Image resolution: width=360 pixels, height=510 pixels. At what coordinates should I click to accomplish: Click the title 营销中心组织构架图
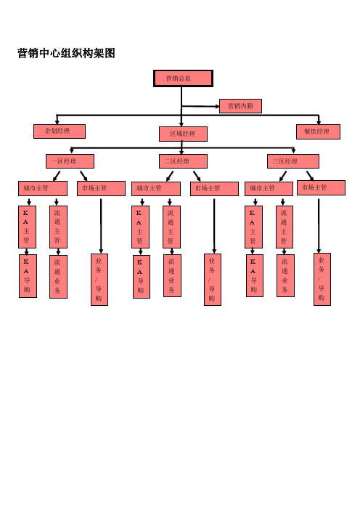pyautogui.click(x=66, y=53)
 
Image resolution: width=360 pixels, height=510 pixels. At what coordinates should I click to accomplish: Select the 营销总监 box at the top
pyautogui.click(x=183, y=78)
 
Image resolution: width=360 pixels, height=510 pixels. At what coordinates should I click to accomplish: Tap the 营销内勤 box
pyautogui.click(x=240, y=106)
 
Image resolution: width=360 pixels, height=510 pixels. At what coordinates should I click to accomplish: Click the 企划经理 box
pyautogui.click(x=60, y=131)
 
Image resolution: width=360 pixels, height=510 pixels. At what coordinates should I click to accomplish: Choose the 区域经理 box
pyautogui.click(x=183, y=134)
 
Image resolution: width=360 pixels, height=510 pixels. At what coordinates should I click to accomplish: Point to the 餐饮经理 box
pyautogui.click(x=318, y=131)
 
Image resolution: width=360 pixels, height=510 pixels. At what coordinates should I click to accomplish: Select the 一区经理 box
pyautogui.click(x=70, y=161)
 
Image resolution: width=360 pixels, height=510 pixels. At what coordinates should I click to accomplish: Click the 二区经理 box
pyautogui.click(x=183, y=161)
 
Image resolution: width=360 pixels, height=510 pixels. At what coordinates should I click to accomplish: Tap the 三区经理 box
pyautogui.click(x=293, y=161)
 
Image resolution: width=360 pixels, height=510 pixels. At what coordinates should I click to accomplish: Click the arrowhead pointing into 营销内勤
pyautogui.click(x=217, y=106)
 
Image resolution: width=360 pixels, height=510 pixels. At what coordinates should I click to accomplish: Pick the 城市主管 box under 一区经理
pyautogui.click(x=43, y=189)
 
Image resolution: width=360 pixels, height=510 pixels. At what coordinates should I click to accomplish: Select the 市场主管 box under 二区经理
pyautogui.click(x=214, y=189)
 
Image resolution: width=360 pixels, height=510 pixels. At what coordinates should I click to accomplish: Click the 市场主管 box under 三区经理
pyautogui.click(x=321, y=188)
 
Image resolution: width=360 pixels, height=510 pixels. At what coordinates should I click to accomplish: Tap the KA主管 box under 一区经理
pyautogui.click(x=27, y=227)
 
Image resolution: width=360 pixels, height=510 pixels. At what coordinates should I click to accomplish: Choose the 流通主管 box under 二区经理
pyautogui.click(x=171, y=227)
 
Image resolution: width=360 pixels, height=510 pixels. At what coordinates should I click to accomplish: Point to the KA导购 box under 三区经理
pyautogui.click(x=255, y=276)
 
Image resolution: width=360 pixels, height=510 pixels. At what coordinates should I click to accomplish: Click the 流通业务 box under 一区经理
pyautogui.click(x=59, y=277)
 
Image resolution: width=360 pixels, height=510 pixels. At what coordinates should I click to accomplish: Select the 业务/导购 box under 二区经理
pyautogui.click(x=213, y=280)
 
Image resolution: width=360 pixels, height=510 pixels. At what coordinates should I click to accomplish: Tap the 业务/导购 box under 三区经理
pyautogui.click(x=322, y=280)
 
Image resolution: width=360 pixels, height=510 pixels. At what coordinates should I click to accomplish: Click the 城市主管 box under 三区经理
pyautogui.click(x=269, y=189)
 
